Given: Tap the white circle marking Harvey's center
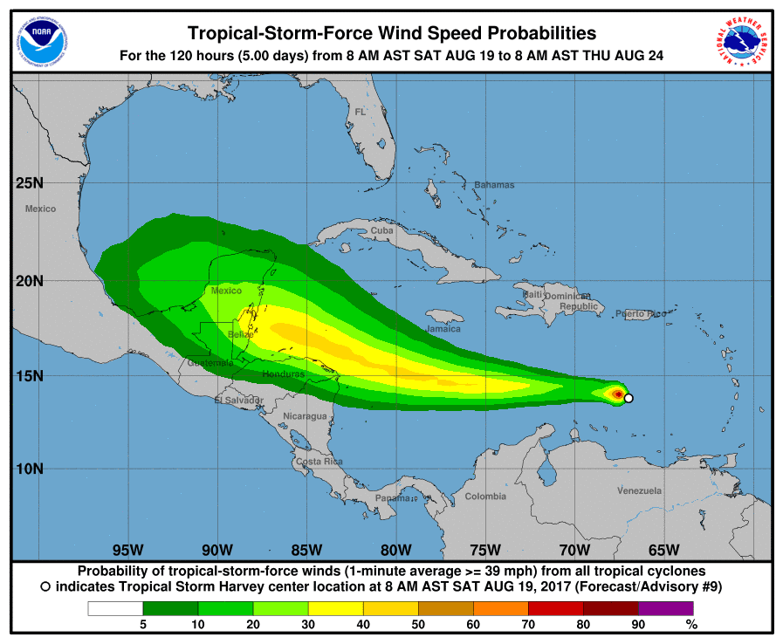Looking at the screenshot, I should click(x=628, y=398).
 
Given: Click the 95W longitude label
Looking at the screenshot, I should click(x=127, y=550).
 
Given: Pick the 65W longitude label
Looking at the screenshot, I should click(x=663, y=550).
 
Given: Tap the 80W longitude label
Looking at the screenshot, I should click(x=395, y=550).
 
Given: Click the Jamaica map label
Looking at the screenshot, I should click(x=443, y=329).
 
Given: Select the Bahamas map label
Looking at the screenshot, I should click(x=494, y=185).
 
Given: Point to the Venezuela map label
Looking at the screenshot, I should click(x=639, y=490).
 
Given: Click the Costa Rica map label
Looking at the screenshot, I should click(x=319, y=461).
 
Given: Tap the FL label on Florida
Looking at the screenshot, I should click(x=361, y=112).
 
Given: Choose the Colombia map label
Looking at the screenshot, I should click(x=484, y=497).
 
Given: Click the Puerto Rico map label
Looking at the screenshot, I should click(x=640, y=313).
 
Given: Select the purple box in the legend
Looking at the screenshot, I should click(x=666, y=608).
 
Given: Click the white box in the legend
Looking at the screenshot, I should click(x=115, y=608).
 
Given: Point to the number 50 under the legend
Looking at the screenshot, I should click(x=418, y=624).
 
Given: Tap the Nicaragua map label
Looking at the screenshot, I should click(x=304, y=416).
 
